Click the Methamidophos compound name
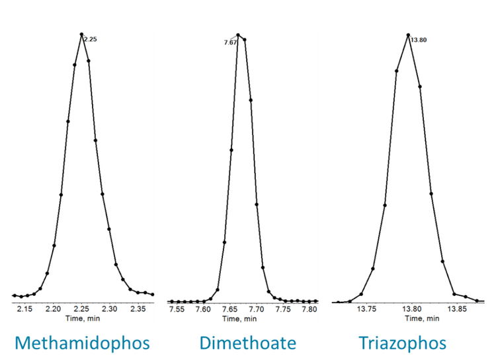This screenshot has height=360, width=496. pyautogui.click(x=82, y=343)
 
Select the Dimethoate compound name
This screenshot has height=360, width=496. pyautogui.click(x=247, y=343)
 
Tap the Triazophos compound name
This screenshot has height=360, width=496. pyautogui.click(x=402, y=343)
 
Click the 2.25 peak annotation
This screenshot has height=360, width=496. pyautogui.click(x=91, y=40)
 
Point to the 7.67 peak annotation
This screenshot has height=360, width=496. pyautogui.click(x=230, y=42)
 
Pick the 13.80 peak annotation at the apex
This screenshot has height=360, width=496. pyautogui.click(x=419, y=40)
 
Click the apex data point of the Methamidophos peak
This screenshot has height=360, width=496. pyautogui.click(x=81, y=34)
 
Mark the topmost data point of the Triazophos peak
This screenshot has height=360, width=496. pyautogui.click(x=408, y=34)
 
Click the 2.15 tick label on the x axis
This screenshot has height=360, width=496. pyautogui.click(x=25, y=309)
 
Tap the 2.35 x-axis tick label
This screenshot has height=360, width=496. pyautogui.click(x=138, y=309)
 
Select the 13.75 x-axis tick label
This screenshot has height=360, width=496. pyautogui.click(x=367, y=309)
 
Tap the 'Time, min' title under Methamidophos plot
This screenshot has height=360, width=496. pyautogui.click(x=82, y=318)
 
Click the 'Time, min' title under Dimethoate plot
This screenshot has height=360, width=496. pyautogui.click(x=239, y=318)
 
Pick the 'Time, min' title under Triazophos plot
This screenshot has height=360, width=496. pyautogui.click(x=421, y=318)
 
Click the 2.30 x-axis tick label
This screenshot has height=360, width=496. pyautogui.click(x=110, y=309)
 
